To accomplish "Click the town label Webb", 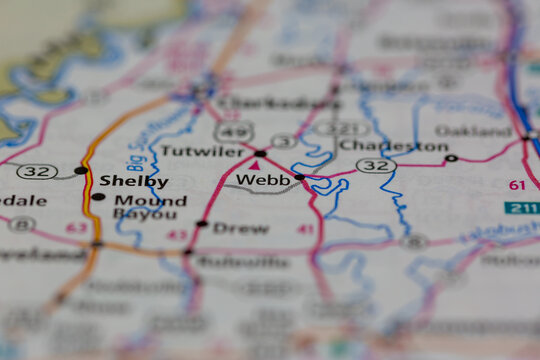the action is pyautogui.click(x=263, y=180).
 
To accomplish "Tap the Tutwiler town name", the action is pyautogui.click(x=202, y=152).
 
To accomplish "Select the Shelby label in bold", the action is pyautogui.click(x=133, y=181).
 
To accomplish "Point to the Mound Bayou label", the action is pyautogui.click(x=148, y=207).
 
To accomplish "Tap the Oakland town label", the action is pyautogui.click(x=474, y=131).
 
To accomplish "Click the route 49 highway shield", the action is pyautogui.click(x=234, y=130).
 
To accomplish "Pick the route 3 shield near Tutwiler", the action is pyautogui.click(x=283, y=141).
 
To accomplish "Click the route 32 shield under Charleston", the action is pyautogui.click(x=376, y=165).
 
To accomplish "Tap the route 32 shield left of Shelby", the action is pyautogui.click(x=36, y=172).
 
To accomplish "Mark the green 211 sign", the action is pyautogui.click(x=521, y=208).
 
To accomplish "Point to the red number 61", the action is pyautogui.click(x=516, y=185).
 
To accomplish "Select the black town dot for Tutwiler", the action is pyautogui.click(x=260, y=153).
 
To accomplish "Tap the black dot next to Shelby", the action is pyautogui.click(x=80, y=171).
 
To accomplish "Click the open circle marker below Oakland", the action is pyautogui.click(x=451, y=158).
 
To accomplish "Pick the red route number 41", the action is pyautogui.click(x=305, y=229).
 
